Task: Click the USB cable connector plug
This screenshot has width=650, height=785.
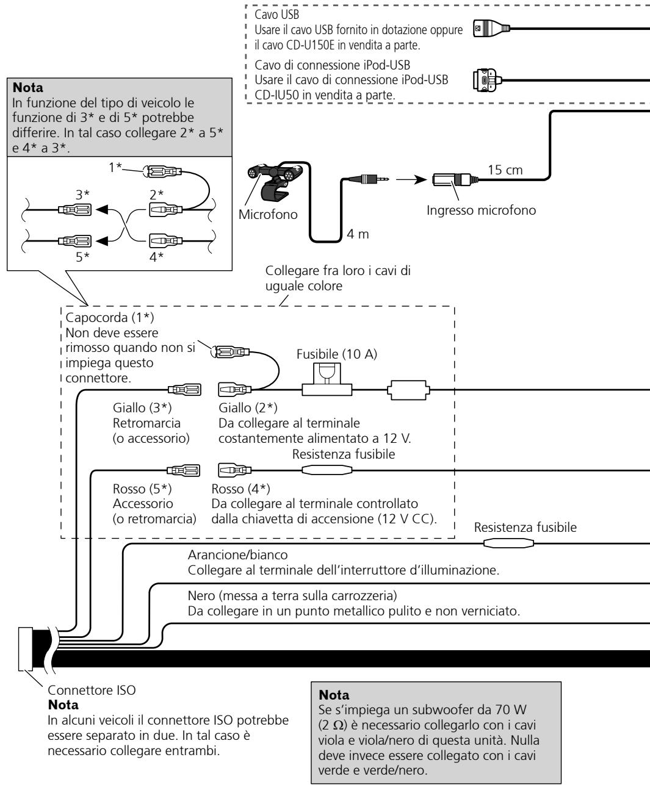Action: [x=491, y=28]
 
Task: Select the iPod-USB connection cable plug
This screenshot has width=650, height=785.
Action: [x=487, y=80]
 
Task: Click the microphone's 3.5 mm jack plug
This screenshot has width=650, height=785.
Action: [x=369, y=179]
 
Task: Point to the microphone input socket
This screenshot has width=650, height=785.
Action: [x=455, y=179]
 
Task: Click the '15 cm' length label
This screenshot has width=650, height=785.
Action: [x=505, y=170]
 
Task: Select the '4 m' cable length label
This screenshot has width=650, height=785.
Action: [x=358, y=234]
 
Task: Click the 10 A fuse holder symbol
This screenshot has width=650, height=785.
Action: [x=327, y=379]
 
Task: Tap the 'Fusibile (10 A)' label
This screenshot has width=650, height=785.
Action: [x=337, y=354]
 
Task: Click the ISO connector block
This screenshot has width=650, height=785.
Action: [x=25, y=649]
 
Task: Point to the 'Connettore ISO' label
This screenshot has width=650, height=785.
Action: [x=92, y=690]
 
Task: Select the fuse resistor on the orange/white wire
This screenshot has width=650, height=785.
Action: [x=508, y=543]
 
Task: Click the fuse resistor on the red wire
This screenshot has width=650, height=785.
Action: [x=327, y=470]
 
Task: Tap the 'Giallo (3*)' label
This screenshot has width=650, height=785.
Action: [x=142, y=408]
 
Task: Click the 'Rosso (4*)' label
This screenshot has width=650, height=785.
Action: [x=240, y=489]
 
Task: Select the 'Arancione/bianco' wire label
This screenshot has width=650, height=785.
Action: [x=238, y=555]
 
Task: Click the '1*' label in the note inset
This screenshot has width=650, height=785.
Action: [x=115, y=167]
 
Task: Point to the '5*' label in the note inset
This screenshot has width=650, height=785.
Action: [x=83, y=257]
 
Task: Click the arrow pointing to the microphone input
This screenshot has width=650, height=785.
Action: [x=411, y=179]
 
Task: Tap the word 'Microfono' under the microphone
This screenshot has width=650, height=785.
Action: [x=268, y=214]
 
